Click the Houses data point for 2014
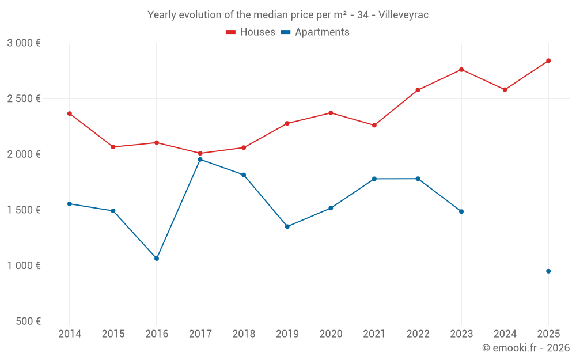coord(70,113)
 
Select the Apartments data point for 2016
coord(157,259)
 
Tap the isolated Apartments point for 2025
coord(548,271)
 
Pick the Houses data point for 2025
coord(548,60)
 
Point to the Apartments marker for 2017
coord(200,160)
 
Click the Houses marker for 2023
coord(461,70)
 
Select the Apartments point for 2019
coord(287,226)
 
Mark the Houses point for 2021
coord(374,125)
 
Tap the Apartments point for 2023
coord(461,211)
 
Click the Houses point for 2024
coord(505,90)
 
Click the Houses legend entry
coord(251,32)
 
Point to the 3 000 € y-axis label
coord(24,43)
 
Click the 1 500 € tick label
coord(24,210)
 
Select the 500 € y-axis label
coord(28,321)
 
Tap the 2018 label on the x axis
coord(244,334)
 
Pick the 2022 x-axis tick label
coord(418,334)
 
